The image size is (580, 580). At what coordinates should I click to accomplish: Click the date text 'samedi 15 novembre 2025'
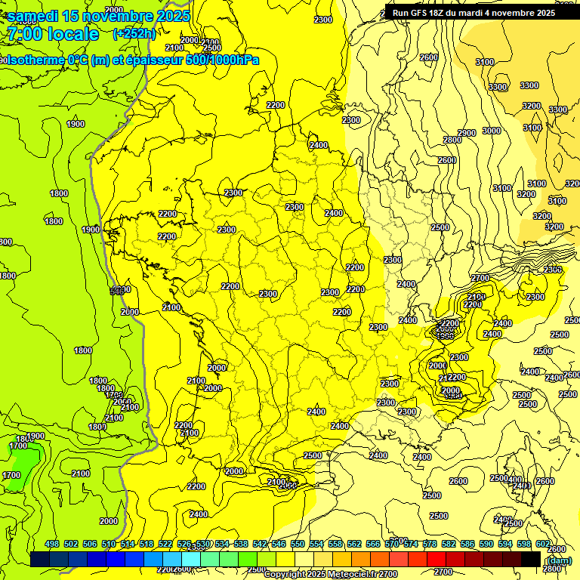pyautogui.click(x=98, y=16)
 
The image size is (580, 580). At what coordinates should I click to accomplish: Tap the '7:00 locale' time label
pyautogui.click(x=53, y=34)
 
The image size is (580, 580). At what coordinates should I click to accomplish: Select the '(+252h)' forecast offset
pyautogui.click(x=134, y=33)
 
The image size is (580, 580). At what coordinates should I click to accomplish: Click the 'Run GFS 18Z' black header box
pyautogui.click(x=474, y=13)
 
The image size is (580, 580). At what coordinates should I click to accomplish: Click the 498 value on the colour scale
pyautogui.click(x=52, y=544)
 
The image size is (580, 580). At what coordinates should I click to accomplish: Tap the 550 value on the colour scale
pyautogui.click(x=298, y=544)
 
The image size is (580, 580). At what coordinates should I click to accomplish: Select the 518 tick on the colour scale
pyautogui.click(x=147, y=544)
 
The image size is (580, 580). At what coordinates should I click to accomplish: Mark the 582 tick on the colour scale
pyautogui.click(x=449, y=544)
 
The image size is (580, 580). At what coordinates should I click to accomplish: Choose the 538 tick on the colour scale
pyautogui.click(x=241, y=544)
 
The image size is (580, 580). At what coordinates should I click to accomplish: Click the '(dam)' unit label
pyautogui.click(x=558, y=560)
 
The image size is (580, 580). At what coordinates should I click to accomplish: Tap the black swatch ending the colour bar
pyautogui.click(x=531, y=559)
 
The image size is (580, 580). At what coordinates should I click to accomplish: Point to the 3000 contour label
pyautogui.click(x=491, y=131)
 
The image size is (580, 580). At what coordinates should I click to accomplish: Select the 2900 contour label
pyautogui.click(x=467, y=133)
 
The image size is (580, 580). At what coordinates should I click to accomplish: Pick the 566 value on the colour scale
pyautogui.click(x=373, y=544)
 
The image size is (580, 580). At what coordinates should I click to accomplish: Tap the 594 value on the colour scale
pyautogui.click(x=505, y=544)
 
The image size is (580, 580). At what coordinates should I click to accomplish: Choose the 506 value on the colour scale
pyautogui.click(x=90, y=544)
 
